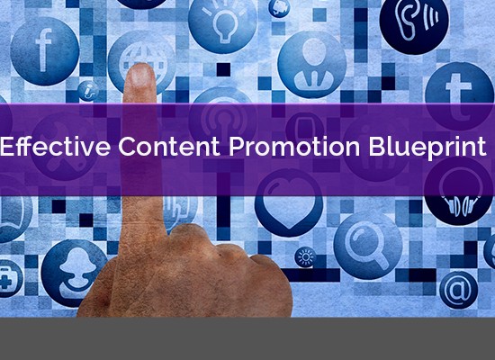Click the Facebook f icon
coord(44,51)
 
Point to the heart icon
coord(289,202)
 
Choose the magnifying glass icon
coord(368,245)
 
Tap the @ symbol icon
coord(458,290)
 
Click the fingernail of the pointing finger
coord(140,76)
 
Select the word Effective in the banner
coord(56,146)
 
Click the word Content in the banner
coord(169,146)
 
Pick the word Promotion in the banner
coord(294,146)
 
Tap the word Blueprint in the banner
coord(427,147)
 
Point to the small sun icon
coord(305,257)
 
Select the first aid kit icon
coord(7,278)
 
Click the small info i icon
coord(89,91)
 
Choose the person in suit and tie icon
coord(311,65)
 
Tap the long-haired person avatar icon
coord(75,274)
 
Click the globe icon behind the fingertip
coord(141,61)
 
